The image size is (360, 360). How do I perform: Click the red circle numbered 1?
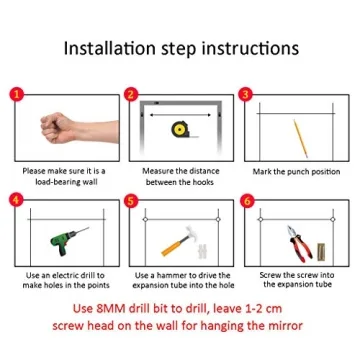[x=16, y=94]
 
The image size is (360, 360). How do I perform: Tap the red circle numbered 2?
[x=131, y=94]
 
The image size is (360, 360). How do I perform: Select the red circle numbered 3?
[x=246, y=94]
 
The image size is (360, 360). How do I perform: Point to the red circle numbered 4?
[x=16, y=200]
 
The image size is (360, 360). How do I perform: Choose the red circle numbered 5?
[x=131, y=200]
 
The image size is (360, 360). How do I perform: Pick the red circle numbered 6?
[x=246, y=200]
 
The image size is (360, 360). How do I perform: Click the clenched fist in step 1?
[x=57, y=128]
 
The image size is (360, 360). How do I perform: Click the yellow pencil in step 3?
[x=300, y=138]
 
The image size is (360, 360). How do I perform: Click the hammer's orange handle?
[x=173, y=247]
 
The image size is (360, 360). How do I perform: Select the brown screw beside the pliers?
[x=321, y=252]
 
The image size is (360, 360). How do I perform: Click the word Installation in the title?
[x=109, y=49]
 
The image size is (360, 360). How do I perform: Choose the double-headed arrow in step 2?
[x=180, y=115]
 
